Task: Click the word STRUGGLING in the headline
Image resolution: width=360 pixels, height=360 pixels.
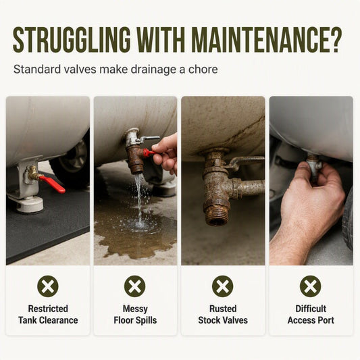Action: [x=72, y=40]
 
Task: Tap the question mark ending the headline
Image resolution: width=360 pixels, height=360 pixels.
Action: [x=335, y=40]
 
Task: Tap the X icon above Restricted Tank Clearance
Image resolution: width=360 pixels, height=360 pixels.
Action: [x=48, y=286]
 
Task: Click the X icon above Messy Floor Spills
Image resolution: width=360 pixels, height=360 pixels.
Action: [x=135, y=286]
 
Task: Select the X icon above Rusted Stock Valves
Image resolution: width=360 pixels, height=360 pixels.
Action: [x=222, y=286]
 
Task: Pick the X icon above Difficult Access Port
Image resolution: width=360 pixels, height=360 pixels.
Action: [x=311, y=286]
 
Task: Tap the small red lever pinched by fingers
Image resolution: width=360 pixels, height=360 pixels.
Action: [x=149, y=153]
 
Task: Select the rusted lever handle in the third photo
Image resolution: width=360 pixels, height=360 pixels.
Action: [x=246, y=161]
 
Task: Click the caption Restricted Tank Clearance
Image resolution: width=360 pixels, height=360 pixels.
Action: [x=48, y=314]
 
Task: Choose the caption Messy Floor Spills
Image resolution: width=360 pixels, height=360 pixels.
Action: [x=135, y=314]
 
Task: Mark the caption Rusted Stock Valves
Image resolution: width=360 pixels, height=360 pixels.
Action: [x=223, y=314]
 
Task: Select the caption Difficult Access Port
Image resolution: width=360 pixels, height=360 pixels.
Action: [x=311, y=314]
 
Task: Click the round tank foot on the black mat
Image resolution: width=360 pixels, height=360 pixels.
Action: [x=30, y=205]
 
